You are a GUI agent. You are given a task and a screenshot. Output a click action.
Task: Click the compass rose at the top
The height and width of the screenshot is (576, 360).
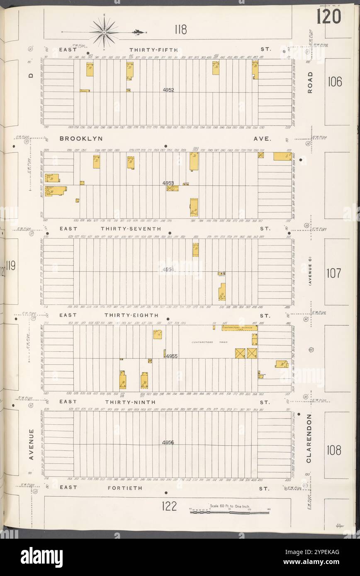[x=104, y=31]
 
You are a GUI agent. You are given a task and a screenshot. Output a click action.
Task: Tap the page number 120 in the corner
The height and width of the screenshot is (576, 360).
[x=328, y=17]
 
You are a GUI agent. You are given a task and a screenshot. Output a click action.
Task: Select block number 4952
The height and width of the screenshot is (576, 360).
[x=168, y=90]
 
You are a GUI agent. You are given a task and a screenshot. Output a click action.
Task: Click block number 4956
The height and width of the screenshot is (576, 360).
[x=168, y=443]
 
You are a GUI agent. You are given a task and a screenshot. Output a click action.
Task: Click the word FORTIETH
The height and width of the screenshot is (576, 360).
[x=125, y=488]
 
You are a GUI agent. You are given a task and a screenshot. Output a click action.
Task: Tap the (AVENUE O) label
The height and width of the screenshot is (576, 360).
[x=309, y=271]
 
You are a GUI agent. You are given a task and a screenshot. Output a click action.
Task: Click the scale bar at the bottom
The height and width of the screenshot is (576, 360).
[x=229, y=512]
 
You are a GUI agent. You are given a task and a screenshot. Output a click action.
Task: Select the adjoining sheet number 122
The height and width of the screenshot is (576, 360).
[x=170, y=506]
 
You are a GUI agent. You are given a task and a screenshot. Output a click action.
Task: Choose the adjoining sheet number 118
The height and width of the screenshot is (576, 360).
[x=180, y=29]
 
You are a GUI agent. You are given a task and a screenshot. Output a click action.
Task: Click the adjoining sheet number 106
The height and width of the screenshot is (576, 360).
[x=334, y=82]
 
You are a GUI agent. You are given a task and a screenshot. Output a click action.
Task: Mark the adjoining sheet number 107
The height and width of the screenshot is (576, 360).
[x=334, y=273]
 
